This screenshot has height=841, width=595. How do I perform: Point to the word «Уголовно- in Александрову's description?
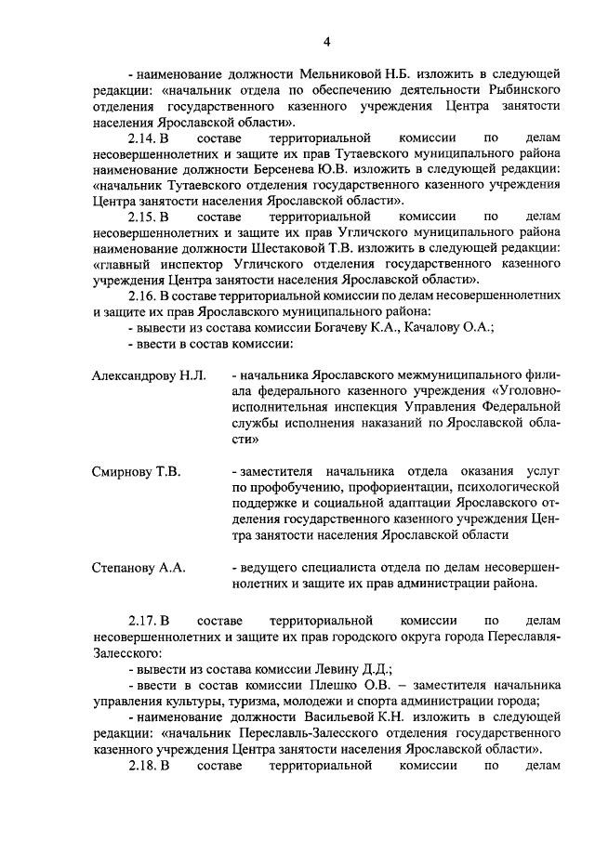pyautogui.click(x=523, y=390)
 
